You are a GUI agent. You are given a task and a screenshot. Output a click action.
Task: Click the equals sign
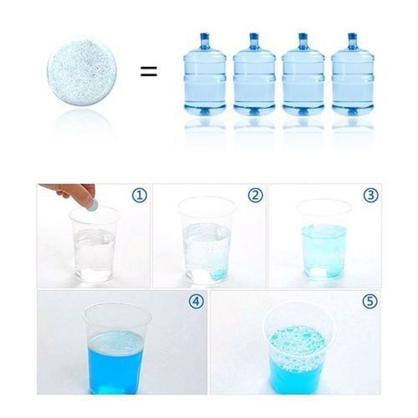coord(149,72)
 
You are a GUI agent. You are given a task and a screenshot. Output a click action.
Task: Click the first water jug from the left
coord(205,75)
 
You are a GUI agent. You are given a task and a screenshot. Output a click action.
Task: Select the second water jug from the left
coord(254,75)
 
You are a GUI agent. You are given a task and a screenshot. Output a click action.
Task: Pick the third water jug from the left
coord(303,75)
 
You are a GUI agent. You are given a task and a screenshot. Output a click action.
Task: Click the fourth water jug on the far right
coord(352,75)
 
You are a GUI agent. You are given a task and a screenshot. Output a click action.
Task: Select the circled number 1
coord(140,195)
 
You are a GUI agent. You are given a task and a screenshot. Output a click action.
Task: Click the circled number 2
coord(256,195)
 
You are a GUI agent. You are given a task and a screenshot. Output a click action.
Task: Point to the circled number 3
coord(371,195)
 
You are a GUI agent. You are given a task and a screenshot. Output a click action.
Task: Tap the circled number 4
coord(196,301)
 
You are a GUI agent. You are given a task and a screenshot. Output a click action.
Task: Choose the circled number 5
coord(370,301)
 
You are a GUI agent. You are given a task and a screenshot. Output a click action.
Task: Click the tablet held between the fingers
coord(93,205)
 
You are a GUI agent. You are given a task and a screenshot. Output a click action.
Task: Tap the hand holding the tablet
coord(70,192)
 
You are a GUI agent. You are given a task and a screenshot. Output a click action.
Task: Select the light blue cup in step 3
coord(324,241)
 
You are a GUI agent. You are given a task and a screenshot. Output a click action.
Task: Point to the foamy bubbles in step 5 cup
coord(299,346)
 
